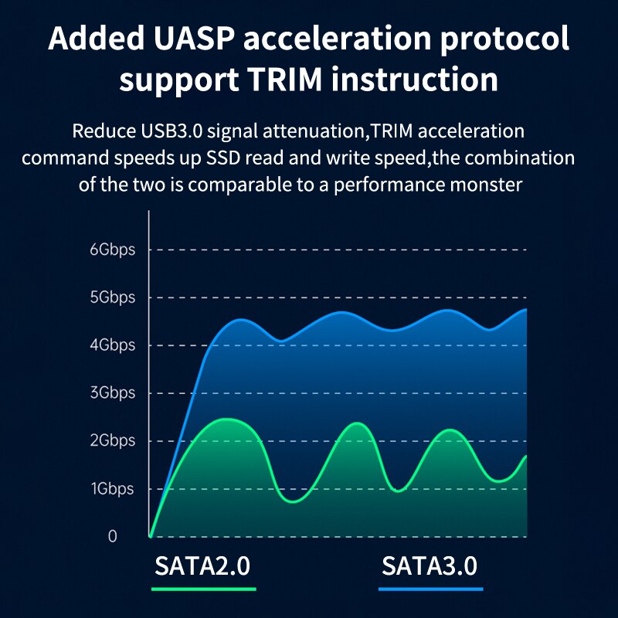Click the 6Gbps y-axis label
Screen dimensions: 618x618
click(x=112, y=250)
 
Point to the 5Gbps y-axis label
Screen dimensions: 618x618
click(x=112, y=297)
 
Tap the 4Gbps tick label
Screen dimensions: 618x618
click(x=112, y=345)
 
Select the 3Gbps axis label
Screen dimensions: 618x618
click(x=112, y=393)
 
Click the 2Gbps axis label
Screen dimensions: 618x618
click(x=112, y=441)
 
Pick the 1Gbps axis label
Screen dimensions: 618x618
click(x=112, y=489)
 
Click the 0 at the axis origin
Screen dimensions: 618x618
click(x=113, y=536)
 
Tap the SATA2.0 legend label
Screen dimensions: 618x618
click(x=202, y=565)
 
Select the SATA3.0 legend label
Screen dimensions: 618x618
click(x=430, y=565)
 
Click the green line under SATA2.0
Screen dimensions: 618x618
click(x=203, y=589)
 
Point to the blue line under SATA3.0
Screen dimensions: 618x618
click(x=430, y=589)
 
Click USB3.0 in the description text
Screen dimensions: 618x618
click(x=166, y=131)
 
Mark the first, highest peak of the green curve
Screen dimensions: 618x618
click(x=226, y=419)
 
